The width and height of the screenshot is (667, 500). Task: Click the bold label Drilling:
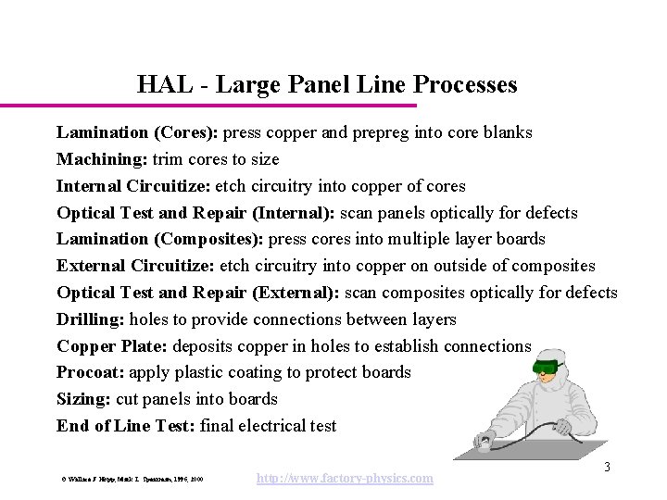[x=91, y=319]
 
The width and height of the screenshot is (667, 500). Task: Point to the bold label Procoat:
[x=91, y=372]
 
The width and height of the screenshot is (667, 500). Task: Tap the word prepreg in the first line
[x=378, y=132]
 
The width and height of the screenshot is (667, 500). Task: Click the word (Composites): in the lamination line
[x=210, y=239]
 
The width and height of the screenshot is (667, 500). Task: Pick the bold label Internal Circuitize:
[x=132, y=186]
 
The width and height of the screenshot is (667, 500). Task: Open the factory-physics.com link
[x=344, y=478]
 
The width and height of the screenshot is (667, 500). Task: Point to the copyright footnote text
[x=129, y=480]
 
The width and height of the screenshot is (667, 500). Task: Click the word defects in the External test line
[x=587, y=293]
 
